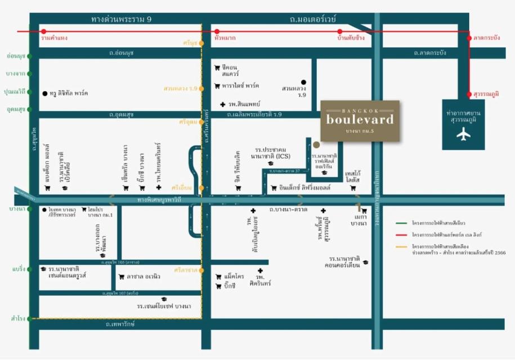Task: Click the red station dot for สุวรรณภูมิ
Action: [x=469, y=95]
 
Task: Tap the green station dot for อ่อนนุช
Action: [x=30, y=56]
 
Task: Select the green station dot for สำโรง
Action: [x=30, y=318]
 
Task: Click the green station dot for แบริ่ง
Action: [x=30, y=269]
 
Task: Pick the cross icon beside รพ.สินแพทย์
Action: [x=223, y=105]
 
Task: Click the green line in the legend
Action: [x=402, y=223]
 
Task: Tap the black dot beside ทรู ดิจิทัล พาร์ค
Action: [x=44, y=93]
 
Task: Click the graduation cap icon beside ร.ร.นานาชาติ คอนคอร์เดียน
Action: [x=366, y=262]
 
